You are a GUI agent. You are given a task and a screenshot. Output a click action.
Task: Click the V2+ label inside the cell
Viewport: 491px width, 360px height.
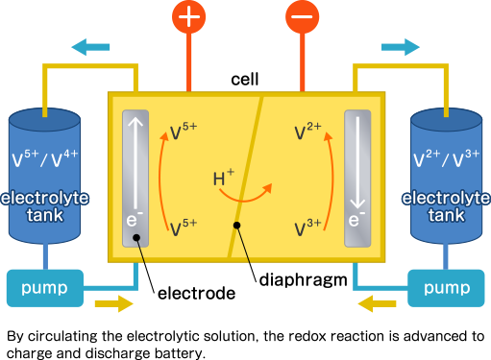pos(308,132)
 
